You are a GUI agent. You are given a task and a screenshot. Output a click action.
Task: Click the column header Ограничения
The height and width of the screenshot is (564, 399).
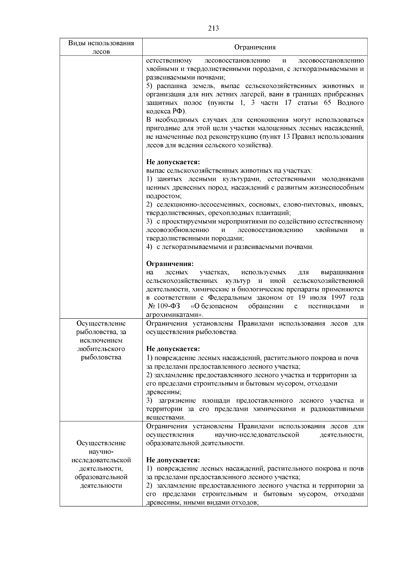[x=255, y=47]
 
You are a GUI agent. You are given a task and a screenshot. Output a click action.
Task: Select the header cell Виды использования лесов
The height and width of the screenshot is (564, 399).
[x=101, y=47]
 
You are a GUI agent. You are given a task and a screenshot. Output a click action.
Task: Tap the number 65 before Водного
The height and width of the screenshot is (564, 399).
[x=328, y=103]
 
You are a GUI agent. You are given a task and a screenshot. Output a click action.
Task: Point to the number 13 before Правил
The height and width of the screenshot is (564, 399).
[x=287, y=137]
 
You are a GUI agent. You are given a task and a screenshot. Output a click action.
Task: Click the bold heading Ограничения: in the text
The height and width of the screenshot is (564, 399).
[x=170, y=264]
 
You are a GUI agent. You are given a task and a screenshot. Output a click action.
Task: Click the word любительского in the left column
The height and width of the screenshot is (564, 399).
[x=101, y=349]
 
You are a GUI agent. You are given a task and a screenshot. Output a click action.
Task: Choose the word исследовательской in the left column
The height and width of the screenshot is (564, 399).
[x=101, y=460]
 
